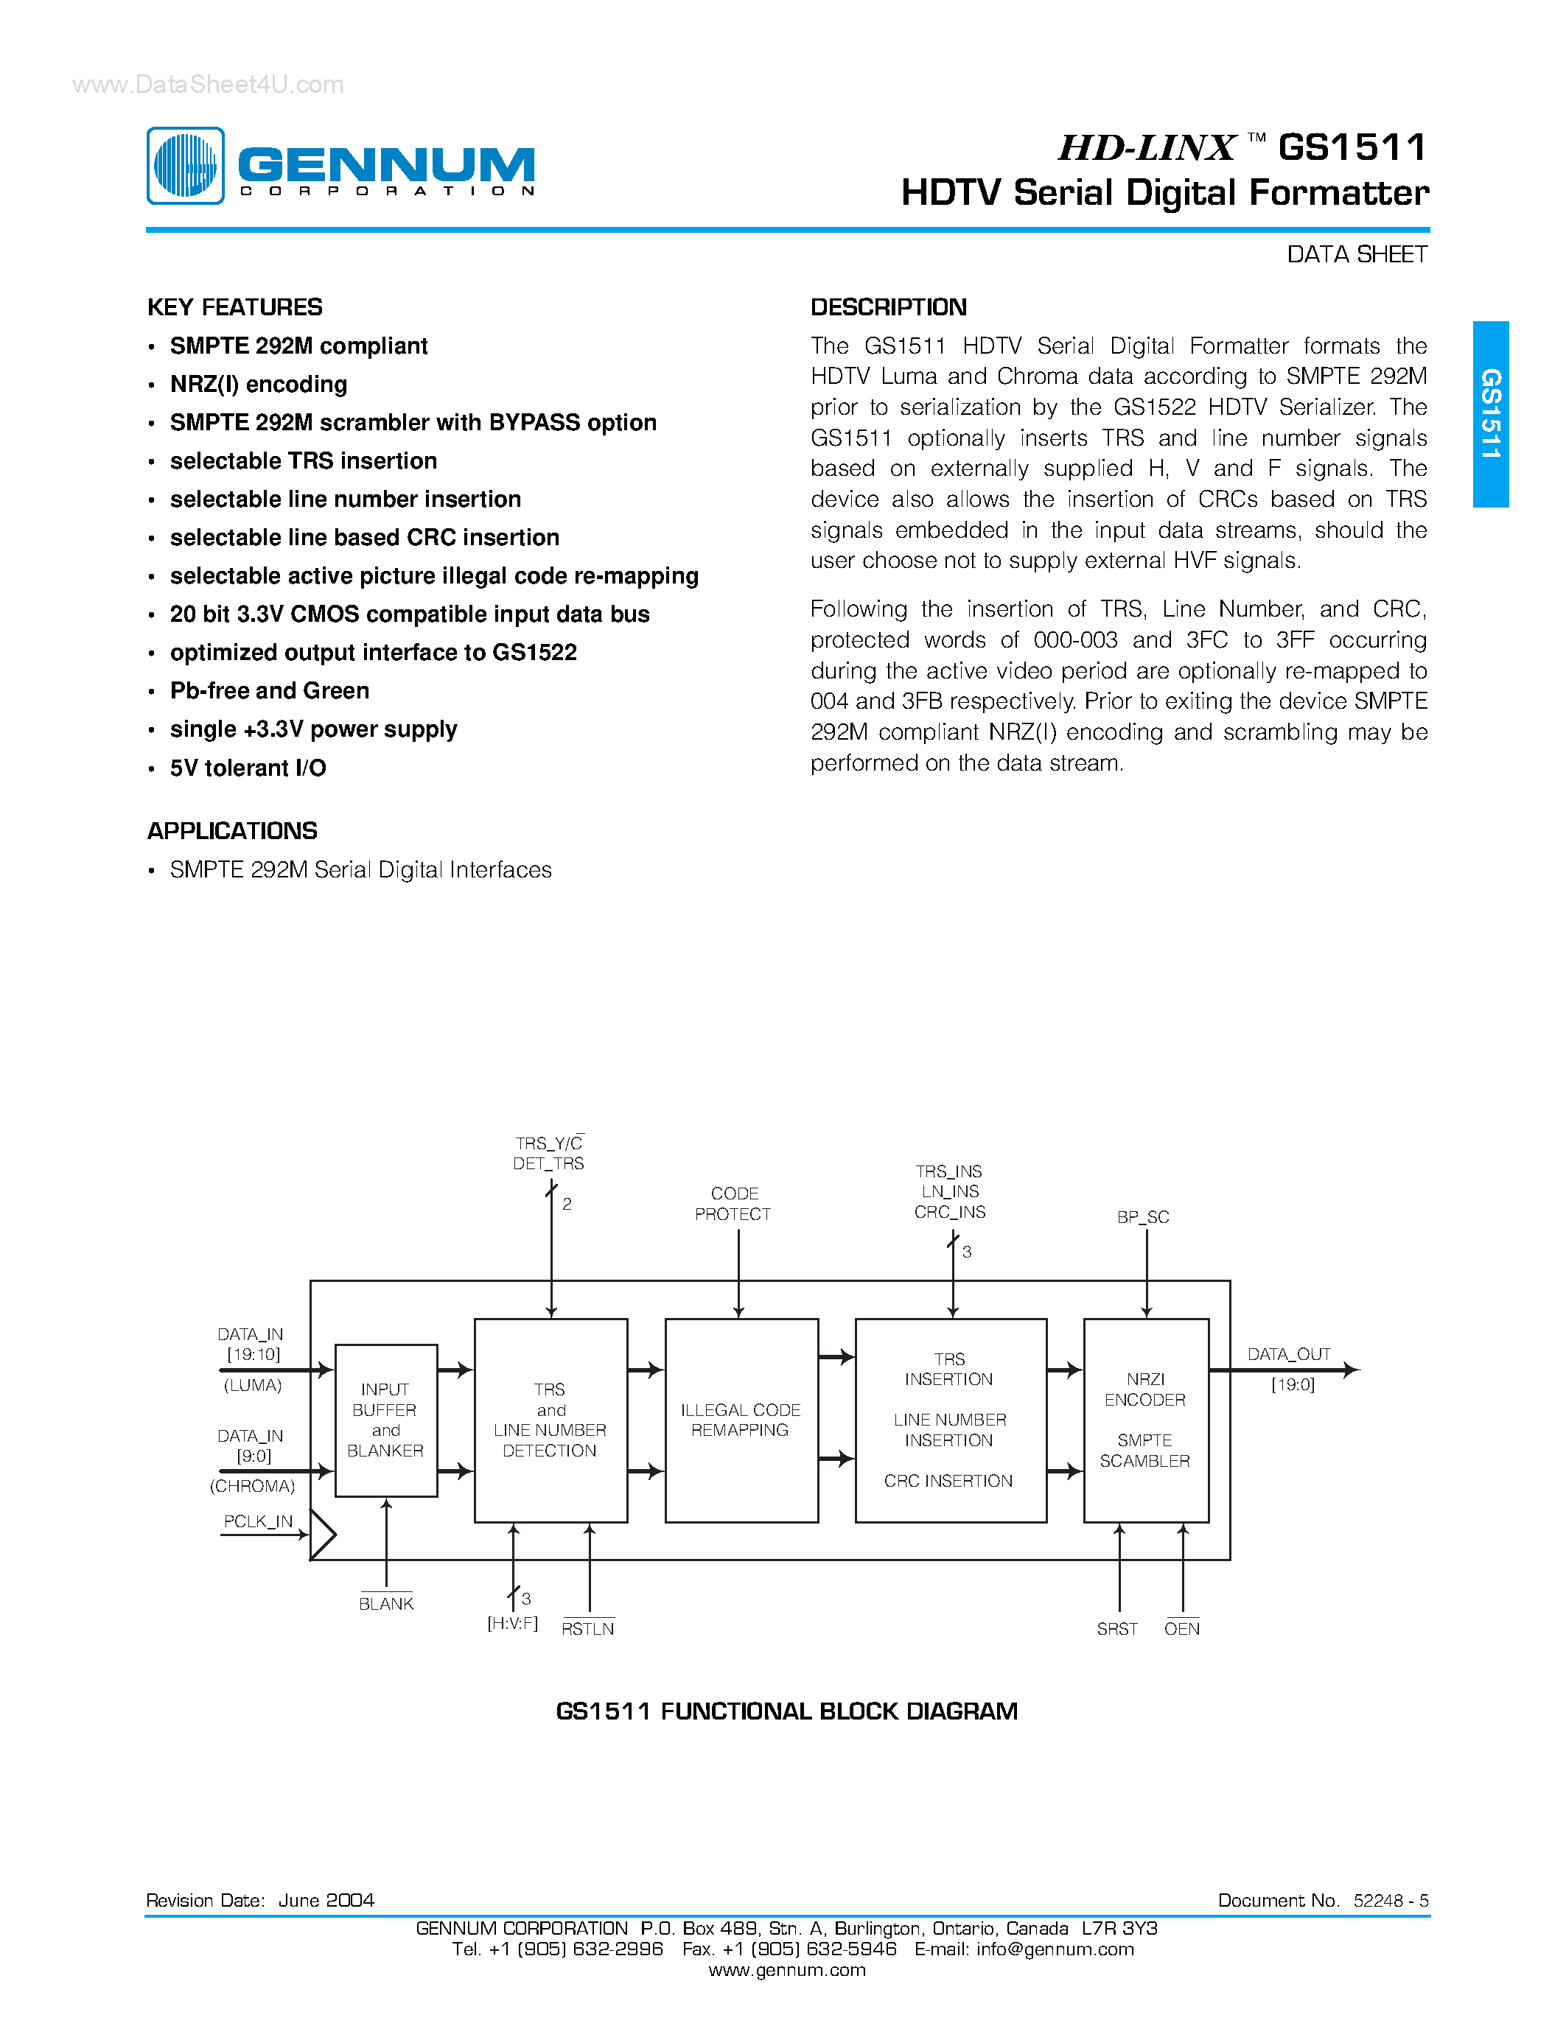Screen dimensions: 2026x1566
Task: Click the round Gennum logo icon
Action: (x=186, y=165)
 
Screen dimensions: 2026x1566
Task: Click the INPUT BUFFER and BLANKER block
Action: (x=386, y=1420)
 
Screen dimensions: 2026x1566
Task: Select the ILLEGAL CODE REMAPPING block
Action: (x=741, y=1420)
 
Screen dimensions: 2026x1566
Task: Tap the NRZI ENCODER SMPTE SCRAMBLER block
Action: (x=1146, y=1420)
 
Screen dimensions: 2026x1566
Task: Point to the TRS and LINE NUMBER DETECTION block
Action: (x=550, y=1420)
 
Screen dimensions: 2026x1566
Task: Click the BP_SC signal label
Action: (x=1143, y=1217)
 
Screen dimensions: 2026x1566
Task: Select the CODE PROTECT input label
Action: (x=734, y=1204)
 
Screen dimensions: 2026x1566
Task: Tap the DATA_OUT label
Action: (x=1289, y=1354)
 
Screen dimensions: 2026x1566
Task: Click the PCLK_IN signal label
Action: (x=258, y=1521)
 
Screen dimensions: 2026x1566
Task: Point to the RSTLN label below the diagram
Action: (x=587, y=1629)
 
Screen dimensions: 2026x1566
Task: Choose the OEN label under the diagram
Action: (x=1182, y=1629)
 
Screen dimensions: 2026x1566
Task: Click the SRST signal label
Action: (x=1117, y=1629)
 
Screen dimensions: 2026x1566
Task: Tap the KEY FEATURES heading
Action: (x=234, y=307)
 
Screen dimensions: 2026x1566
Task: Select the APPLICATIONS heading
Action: (x=232, y=830)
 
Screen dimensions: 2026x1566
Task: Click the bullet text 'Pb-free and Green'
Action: (x=269, y=691)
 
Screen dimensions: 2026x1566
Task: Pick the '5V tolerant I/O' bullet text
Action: (x=248, y=768)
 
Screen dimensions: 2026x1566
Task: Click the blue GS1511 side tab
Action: (x=1490, y=414)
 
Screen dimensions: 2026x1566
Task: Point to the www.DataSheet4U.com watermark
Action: (x=208, y=85)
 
